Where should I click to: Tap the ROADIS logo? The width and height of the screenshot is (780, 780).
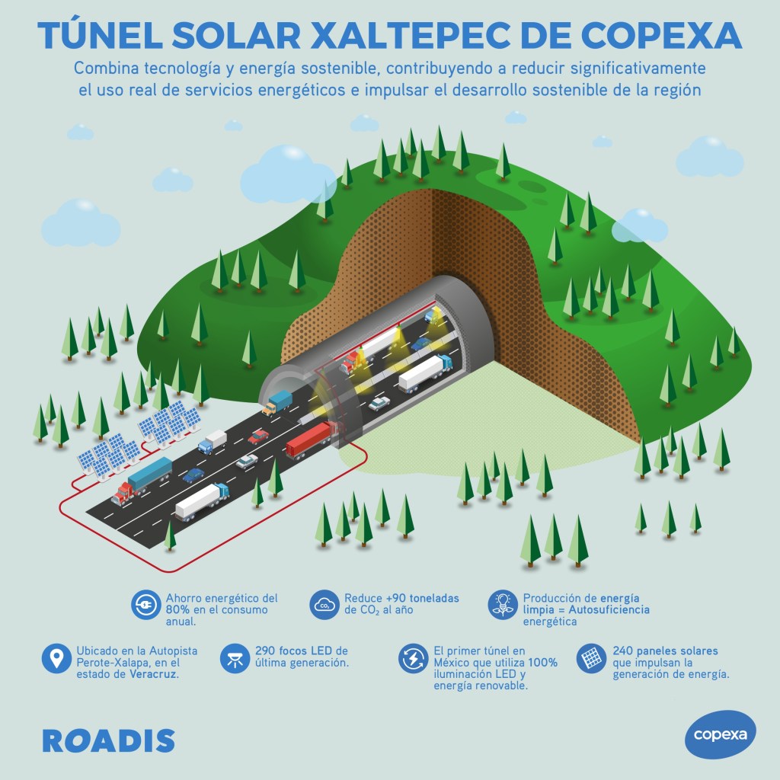[x=108, y=740]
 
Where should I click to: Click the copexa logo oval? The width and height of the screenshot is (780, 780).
[x=720, y=734]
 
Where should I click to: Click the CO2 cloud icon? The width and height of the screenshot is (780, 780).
[x=324, y=606]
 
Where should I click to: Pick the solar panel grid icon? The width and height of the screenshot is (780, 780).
[x=590, y=658]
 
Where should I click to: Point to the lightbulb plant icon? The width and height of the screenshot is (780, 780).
[x=502, y=605]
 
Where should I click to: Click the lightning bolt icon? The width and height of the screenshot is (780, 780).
[x=412, y=658]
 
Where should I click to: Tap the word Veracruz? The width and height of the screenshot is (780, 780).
[x=152, y=675]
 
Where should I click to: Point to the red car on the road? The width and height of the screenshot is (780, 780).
[x=258, y=436]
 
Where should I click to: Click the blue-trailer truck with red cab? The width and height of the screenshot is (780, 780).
[x=142, y=480]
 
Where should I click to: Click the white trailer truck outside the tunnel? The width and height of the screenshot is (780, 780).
[x=202, y=500]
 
